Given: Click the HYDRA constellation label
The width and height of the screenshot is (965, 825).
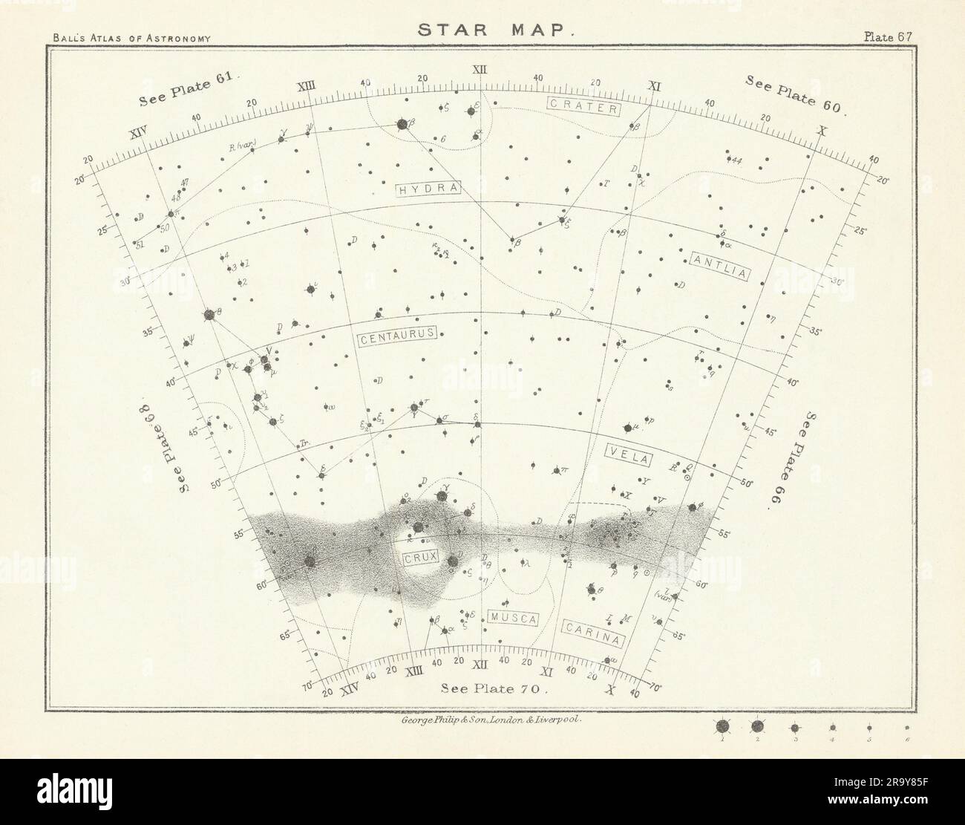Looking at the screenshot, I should coord(430,189).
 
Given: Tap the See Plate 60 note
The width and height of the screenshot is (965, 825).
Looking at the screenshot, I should coord(795,92).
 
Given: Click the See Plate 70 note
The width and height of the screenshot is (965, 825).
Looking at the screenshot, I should coord(494,688).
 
